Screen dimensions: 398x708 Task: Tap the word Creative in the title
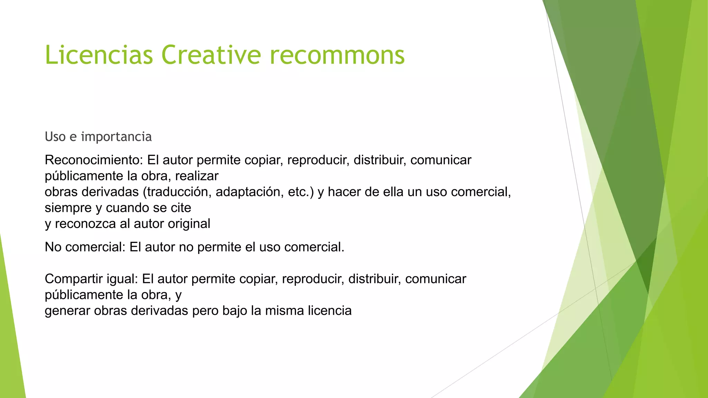coord(211,55)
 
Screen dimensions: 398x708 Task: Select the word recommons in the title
coord(337,55)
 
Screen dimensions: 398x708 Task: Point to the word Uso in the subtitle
coord(55,137)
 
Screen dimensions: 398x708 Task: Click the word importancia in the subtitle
coord(116,137)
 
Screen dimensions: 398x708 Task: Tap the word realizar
coord(197,176)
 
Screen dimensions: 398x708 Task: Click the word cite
coord(181,208)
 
